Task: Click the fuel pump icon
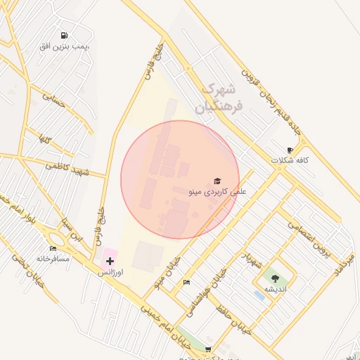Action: [64, 35]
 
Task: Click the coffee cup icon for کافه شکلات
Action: [290, 150]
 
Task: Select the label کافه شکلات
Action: [290, 160]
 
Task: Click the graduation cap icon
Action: [217, 181]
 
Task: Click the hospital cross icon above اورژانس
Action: [110, 261]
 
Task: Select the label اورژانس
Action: [110, 271]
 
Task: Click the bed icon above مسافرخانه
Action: [53, 248]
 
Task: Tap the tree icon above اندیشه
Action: [274, 278]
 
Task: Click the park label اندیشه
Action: [274, 289]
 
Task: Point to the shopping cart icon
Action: [207, 348]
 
